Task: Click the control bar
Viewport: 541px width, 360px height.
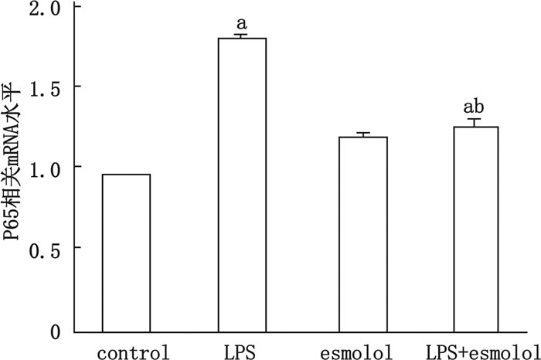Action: coord(126,253)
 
